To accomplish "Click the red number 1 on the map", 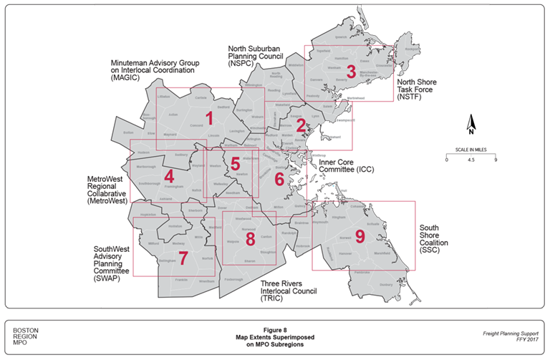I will point(209,117).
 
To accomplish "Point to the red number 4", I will point(169,176).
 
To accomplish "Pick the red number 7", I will point(183,257).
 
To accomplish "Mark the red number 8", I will point(250,238).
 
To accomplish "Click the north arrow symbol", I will point(471,125).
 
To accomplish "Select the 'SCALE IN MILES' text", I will point(471,150).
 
